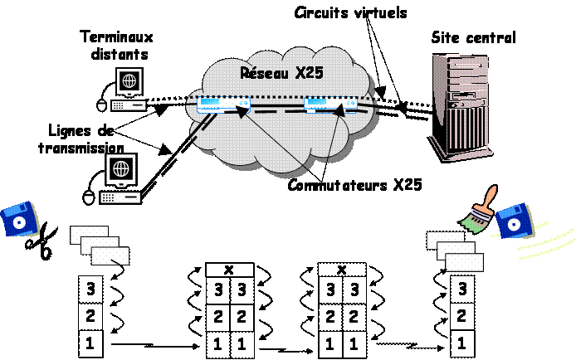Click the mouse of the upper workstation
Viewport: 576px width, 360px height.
coord(101,105)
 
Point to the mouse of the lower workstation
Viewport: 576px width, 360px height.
coord(89,197)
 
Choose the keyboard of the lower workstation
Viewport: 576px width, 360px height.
coord(120,197)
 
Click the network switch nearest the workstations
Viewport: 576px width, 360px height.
coord(223,105)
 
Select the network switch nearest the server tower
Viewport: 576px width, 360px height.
coord(330,105)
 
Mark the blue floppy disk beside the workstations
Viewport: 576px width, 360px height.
coord(19,220)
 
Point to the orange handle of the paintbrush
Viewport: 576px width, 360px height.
coord(491,196)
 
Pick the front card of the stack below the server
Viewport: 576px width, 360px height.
coord(465,262)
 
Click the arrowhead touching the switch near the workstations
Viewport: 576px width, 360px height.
coord(242,109)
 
